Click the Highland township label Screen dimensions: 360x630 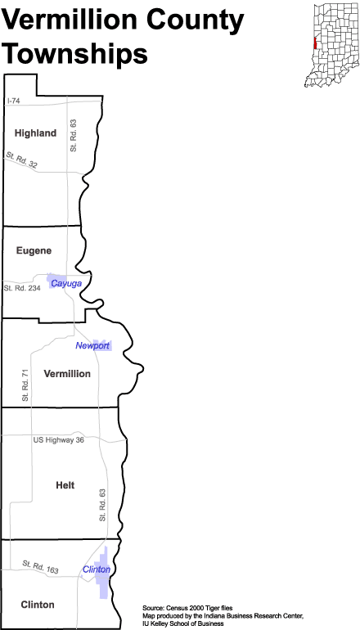[x=35, y=133]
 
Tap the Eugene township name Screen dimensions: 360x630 [x=34, y=250]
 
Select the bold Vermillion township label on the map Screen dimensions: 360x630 [x=67, y=374]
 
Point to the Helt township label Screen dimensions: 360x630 [x=65, y=485]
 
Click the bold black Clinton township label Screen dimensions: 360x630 [x=38, y=605]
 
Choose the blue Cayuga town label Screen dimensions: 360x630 [x=66, y=284]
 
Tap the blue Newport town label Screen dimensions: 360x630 [x=92, y=345]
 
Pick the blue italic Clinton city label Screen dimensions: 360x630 [x=97, y=569]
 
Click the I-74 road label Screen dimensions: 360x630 [x=14, y=101]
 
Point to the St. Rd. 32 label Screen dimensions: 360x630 [x=22, y=160]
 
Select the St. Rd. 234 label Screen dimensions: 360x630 [x=22, y=288]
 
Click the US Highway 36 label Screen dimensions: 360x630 [x=59, y=440]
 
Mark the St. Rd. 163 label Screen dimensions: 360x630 [x=41, y=567]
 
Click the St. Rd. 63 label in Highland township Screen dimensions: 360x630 [x=73, y=135]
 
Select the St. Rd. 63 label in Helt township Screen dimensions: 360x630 [x=102, y=505]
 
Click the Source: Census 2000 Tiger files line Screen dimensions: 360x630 [x=187, y=607]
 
